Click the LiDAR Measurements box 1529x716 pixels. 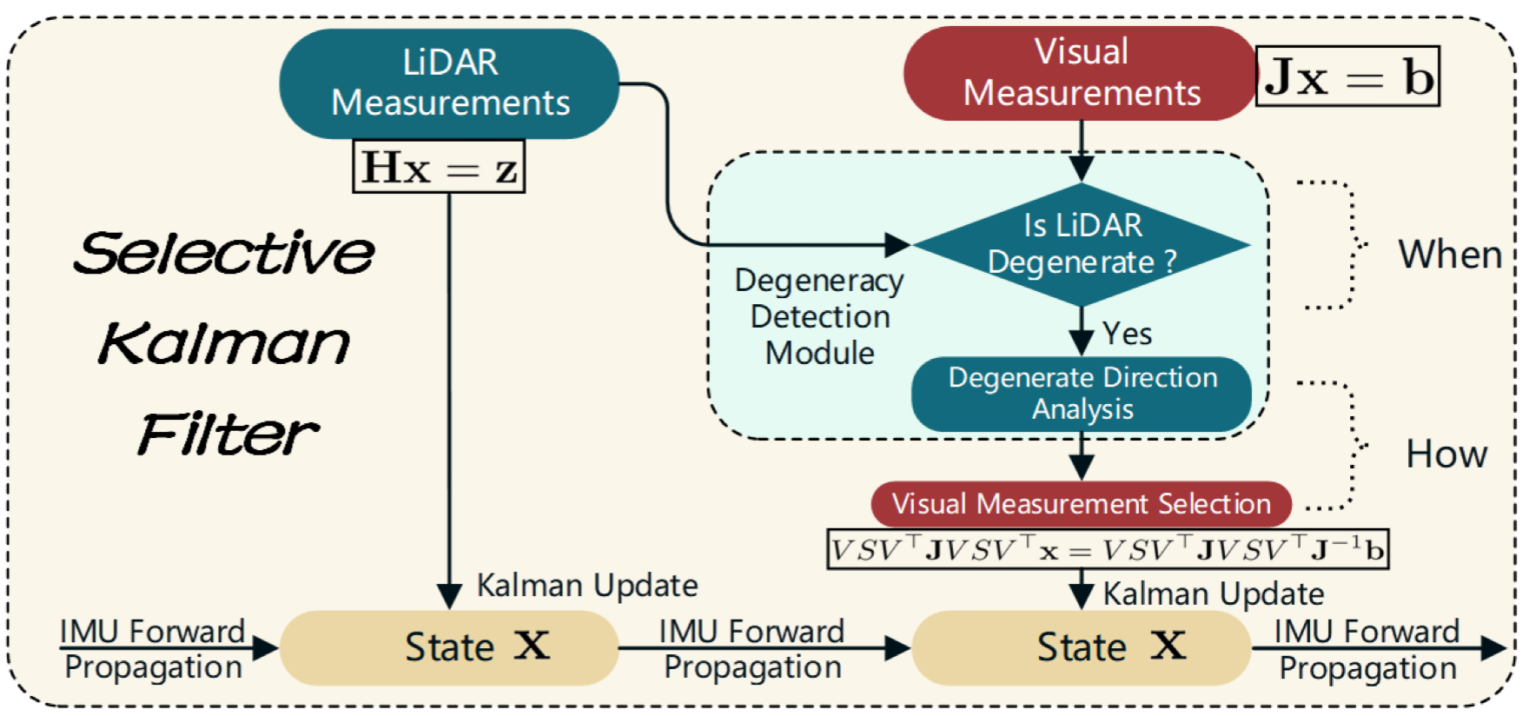449,83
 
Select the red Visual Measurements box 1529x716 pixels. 1080,73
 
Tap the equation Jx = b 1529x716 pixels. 1347,76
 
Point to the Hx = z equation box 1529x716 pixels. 439,167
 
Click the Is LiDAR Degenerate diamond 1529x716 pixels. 1082,244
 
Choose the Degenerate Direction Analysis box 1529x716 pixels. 1082,394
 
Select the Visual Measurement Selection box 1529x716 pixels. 1081,504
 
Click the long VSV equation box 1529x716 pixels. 1108,549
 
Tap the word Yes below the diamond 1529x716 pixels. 1127,334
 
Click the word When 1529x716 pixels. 1449,255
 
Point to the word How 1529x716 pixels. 1446,454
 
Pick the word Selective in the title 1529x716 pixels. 224,253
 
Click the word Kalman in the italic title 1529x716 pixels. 224,343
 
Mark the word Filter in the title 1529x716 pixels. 228,434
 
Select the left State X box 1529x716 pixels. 449,647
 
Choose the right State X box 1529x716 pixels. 1082,647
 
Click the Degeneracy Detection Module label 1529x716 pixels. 819,316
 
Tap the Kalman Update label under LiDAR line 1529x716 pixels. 587,586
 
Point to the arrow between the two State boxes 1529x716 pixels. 764,647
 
